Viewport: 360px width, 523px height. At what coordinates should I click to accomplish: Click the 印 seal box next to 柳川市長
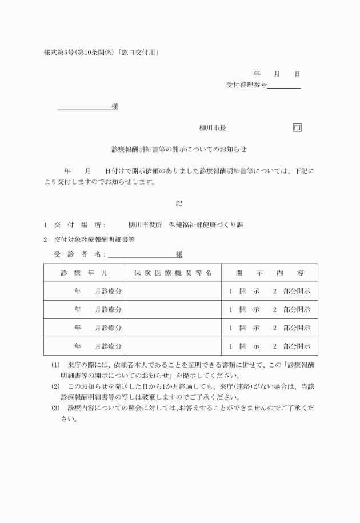297,128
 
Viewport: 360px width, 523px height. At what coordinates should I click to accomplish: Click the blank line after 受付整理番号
283,86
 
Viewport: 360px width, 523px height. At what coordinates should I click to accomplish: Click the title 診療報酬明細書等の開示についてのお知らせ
179,149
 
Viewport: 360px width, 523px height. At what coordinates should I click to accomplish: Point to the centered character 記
179,203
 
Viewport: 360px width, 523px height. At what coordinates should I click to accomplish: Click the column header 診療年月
84,273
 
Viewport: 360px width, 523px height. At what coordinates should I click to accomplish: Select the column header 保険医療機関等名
173,273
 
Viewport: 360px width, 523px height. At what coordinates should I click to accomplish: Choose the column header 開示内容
270,273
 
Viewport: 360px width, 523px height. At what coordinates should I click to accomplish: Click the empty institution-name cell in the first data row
173,291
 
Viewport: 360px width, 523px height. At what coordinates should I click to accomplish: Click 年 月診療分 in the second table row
98,309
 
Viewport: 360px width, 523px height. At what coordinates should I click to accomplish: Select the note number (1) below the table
55,365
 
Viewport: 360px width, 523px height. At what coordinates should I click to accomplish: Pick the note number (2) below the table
55,386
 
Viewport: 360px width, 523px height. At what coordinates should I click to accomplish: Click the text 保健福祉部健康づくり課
205,225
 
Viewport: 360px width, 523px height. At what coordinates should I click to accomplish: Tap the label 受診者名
79,254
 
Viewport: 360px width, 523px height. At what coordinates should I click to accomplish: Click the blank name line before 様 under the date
84,107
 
